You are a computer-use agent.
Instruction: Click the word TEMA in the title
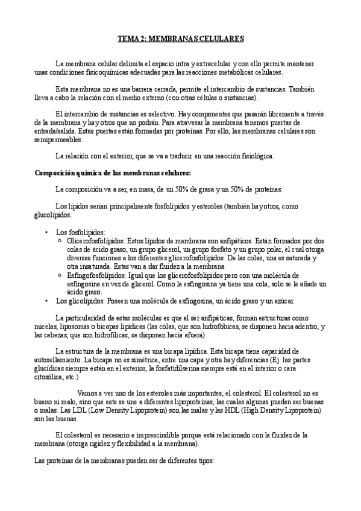(x=127, y=39)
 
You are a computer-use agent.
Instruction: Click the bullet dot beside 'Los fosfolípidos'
(x=47, y=232)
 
